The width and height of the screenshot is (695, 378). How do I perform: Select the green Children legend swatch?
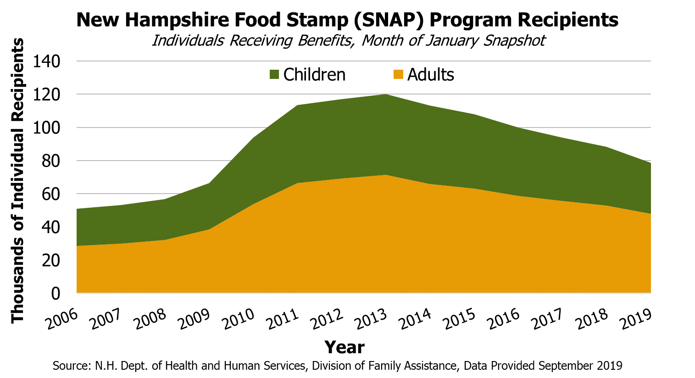[x=274, y=74]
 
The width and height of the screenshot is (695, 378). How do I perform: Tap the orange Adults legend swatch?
[x=398, y=74]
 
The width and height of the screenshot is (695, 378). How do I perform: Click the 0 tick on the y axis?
[x=56, y=293]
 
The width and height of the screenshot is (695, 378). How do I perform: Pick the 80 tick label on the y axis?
[x=51, y=161]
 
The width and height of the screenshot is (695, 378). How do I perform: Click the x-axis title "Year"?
[x=344, y=347]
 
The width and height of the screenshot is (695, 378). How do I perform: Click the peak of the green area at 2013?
[x=386, y=94]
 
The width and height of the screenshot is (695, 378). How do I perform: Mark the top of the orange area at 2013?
[x=386, y=175]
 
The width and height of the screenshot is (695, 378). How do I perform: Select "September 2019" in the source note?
[x=580, y=366]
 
